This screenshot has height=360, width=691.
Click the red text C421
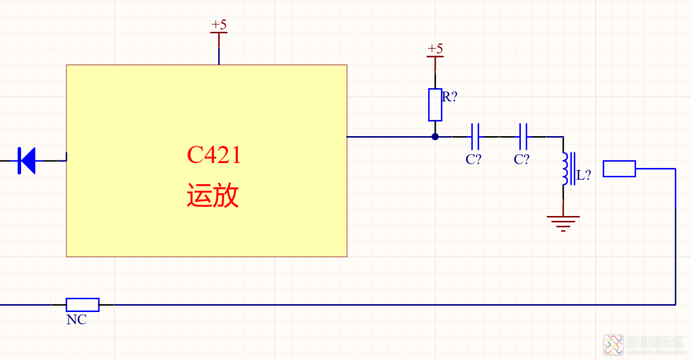click(x=214, y=155)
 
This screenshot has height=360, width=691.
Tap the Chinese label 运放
click(x=213, y=196)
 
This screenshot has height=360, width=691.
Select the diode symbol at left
click(x=27, y=160)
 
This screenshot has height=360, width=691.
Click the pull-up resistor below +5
click(x=435, y=105)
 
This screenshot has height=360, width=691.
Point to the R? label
click(x=450, y=97)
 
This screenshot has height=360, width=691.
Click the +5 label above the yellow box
click(x=219, y=25)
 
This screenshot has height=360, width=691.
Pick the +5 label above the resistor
click(x=435, y=49)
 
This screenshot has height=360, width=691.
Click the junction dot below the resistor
click(x=435, y=136)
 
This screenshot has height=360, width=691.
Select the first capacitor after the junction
click(x=475, y=136)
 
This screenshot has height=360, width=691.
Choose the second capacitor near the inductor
click(x=523, y=136)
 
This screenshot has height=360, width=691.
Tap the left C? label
click(x=473, y=160)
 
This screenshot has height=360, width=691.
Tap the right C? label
click(x=521, y=160)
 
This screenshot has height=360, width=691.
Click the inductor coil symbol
click(x=566, y=169)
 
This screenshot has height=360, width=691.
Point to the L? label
click(x=584, y=175)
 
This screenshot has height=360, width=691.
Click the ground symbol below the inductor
click(x=563, y=223)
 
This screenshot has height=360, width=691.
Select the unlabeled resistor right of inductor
click(x=619, y=169)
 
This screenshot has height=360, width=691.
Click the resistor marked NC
click(x=83, y=304)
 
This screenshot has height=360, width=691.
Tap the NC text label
click(x=76, y=320)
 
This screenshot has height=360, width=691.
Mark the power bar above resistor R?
click(x=435, y=57)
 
